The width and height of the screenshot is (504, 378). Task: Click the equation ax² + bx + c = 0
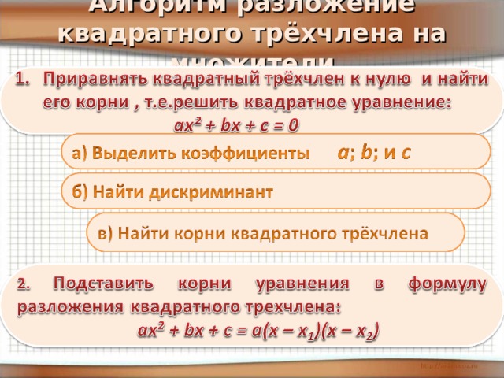pos(235,124)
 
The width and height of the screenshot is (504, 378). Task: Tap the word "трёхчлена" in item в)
pos(380,233)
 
